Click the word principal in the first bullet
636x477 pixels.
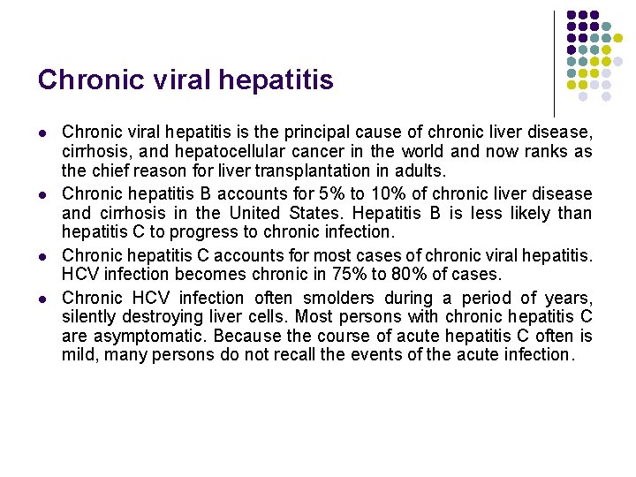[x=315, y=132]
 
